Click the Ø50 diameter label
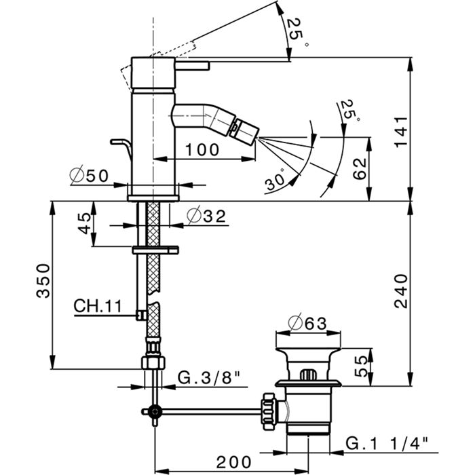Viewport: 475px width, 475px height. (90, 175)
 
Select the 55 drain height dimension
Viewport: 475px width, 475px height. (362, 365)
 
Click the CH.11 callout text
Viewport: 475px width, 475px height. (98, 307)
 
